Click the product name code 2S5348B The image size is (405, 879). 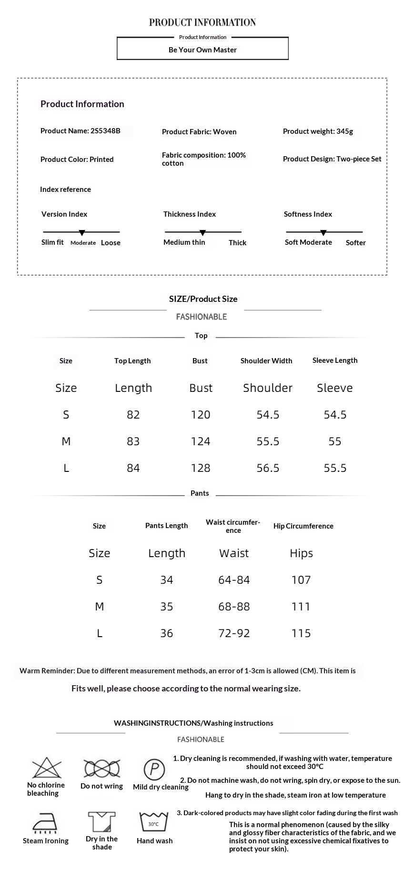click(x=105, y=131)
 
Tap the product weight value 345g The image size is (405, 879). click(x=344, y=131)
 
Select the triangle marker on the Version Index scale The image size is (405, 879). click(x=82, y=233)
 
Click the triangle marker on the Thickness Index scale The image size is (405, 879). click(x=202, y=233)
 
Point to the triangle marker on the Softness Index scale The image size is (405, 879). click(x=324, y=233)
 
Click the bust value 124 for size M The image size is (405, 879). click(x=201, y=441)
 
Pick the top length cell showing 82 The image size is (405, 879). click(x=133, y=415)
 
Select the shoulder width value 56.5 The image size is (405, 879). click(x=268, y=468)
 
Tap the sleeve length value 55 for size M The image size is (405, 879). click(x=335, y=441)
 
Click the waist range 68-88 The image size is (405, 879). click(x=234, y=607)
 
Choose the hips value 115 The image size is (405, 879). click(x=301, y=633)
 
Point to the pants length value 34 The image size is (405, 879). click(x=167, y=580)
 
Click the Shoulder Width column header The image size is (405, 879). click(x=266, y=361)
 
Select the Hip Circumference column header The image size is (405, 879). click(x=304, y=526)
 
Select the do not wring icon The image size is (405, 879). click(x=101, y=769)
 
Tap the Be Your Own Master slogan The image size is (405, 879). click(x=202, y=50)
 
